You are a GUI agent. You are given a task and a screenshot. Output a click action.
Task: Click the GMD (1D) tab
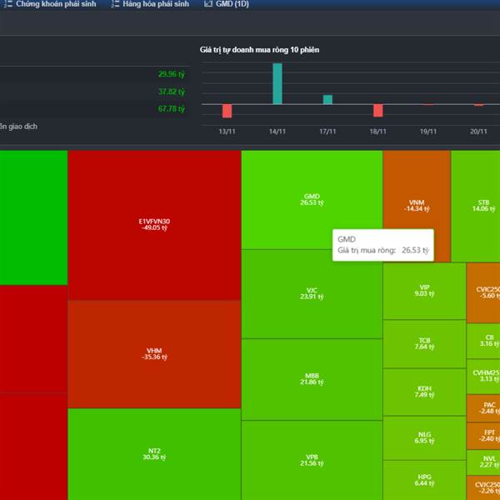[x=227, y=4]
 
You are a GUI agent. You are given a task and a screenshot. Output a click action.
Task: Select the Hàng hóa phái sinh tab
[x=154, y=4]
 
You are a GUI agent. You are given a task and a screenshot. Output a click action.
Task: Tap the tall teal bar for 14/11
[x=277, y=84]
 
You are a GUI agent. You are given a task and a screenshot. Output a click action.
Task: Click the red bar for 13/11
[x=227, y=111]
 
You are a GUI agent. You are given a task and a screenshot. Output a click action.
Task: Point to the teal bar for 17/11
[x=327, y=100]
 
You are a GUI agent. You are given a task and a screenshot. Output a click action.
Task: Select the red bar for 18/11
[x=377, y=110]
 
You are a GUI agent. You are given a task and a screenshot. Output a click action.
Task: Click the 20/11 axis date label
[x=478, y=132]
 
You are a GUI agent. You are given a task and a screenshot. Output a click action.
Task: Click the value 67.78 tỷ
[x=171, y=108]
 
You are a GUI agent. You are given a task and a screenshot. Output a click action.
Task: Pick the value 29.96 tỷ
[x=171, y=73]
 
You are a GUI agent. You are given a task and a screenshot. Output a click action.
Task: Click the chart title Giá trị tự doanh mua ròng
[x=259, y=50]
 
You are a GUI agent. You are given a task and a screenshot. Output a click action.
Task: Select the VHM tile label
[x=154, y=351]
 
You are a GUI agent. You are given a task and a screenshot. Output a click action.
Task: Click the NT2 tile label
[x=154, y=451]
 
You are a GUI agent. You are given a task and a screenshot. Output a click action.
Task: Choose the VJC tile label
[x=312, y=291]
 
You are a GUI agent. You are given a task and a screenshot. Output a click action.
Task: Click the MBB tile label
[x=312, y=376]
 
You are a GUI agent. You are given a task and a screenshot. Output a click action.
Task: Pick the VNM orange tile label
[x=416, y=202]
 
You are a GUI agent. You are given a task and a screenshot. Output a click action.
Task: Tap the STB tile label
[x=483, y=202]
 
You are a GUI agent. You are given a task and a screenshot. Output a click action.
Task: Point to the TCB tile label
[x=424, y=341]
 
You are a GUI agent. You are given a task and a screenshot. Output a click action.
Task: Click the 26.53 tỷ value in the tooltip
[x=414, y=250]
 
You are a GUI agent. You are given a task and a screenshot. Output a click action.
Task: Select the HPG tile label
[x=424, y=477]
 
